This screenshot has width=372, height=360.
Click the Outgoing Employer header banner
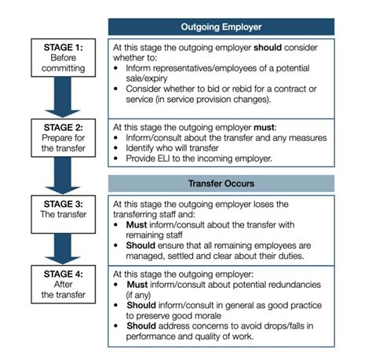[232, 25]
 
